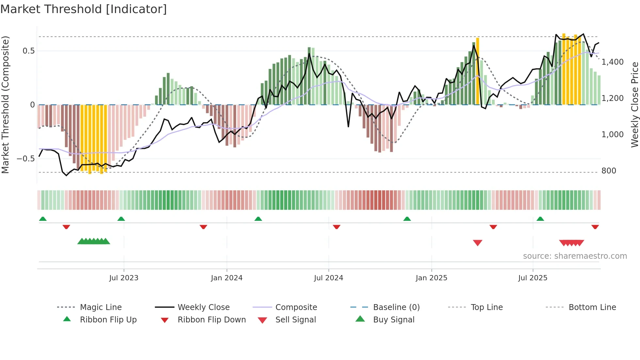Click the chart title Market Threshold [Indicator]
(x=84, y=9)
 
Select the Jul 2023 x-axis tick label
(x=124, y=278)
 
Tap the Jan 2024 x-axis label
(x=227, y=278)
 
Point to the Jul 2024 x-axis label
(x=328, y=278)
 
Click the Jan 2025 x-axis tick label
(x=431, y=278)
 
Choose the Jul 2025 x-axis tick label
(x=533, y=278)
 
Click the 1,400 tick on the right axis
(x=612, y=62)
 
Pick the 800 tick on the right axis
(x=609, y=171)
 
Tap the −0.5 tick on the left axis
(x=26, y=159)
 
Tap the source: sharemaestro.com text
(x=575, y=256)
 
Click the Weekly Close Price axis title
(x=634, y=105)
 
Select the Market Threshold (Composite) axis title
(x=5, y=105)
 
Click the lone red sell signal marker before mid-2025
(x=477, y=243)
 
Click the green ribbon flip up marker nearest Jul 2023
(x=121, y=219)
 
